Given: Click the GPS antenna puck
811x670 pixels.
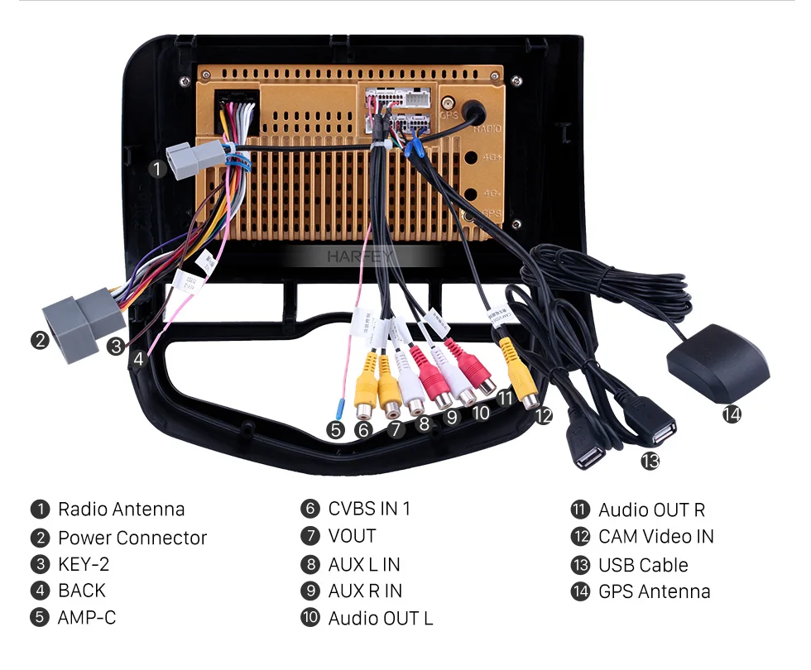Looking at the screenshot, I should pyautogui.click(x=717, y=361).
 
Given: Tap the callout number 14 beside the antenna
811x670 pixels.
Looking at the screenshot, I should pyautogui.click(x=732, y=414).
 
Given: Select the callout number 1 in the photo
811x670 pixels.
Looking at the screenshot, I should pyautogui.click(x=157, y=169).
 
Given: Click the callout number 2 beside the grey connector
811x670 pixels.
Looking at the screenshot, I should pyautogui.click(x=40, y=340).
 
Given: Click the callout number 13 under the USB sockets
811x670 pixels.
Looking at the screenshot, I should pyautogui.click(x=650, y=462).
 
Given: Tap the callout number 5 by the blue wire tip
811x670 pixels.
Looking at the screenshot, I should pyautogui.click(x=335, y=429).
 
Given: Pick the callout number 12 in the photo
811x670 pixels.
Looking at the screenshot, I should pyautogui.click(x=543, y=416).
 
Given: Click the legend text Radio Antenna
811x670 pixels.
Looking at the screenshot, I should pyautogui.click(x=121, y=510).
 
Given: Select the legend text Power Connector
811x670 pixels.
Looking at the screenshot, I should pyautogui.click(x=132, y=538).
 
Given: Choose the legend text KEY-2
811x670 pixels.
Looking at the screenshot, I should pyautogui.click(x=84, y=565).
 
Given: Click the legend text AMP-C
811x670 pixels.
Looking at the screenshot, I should pyautogui.click(x=87, y=617).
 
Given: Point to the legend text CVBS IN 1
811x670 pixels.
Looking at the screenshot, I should pyautogui.click(x=369, y=509).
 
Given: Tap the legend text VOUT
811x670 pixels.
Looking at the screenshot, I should pyautogui.click(x=352, y=536).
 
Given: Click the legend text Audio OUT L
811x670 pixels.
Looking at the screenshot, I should pyautogui.click(x=380, y=618).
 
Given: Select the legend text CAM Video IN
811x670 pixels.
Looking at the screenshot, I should pyautogui.click(x=655, y=537).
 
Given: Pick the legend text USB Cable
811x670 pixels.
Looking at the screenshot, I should pyautogui.click(x=643, y=565).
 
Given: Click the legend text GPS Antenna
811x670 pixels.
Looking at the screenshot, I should pyautogui.click(x=654, y=591).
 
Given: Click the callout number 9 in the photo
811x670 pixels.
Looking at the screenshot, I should pyautogui.click(x=451, y=417).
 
